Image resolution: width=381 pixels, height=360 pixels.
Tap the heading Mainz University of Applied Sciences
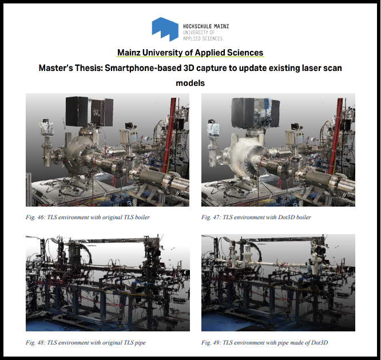(190, 53)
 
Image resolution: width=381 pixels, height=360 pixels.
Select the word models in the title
(190, 83)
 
